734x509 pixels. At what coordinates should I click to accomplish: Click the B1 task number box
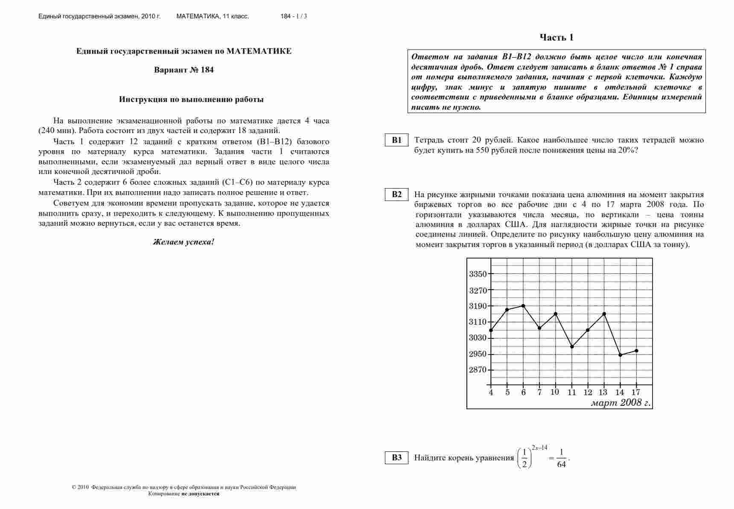pos(397,140)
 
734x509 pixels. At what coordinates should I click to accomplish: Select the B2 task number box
pos(397,195)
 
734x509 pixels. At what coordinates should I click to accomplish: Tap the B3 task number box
pos(397,458)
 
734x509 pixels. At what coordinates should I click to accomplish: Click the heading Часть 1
pos(556,38)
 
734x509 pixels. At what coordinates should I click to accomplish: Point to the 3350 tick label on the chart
pos(478,274)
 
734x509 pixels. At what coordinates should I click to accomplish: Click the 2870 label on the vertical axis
pos(478,370)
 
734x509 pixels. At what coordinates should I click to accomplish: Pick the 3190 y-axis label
pos(478,306)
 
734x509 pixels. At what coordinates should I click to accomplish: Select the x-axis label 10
pos(555,392)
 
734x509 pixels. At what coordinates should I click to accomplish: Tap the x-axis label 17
pos(636,392)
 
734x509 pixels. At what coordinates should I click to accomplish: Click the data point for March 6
pos(523,305)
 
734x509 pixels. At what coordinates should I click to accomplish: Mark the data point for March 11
pos(572,346)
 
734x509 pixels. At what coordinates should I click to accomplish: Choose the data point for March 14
pos(620,355)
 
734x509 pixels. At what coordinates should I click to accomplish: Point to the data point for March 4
pos(491,330)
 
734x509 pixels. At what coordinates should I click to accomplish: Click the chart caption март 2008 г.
pos(620,403)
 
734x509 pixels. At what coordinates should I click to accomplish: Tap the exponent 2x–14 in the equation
pos(539,448)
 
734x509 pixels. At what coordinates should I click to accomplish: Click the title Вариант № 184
pos(184,70)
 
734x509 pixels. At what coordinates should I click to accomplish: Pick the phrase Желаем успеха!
pos(184,242)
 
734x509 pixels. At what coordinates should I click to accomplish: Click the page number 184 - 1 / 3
pos(294,17)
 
